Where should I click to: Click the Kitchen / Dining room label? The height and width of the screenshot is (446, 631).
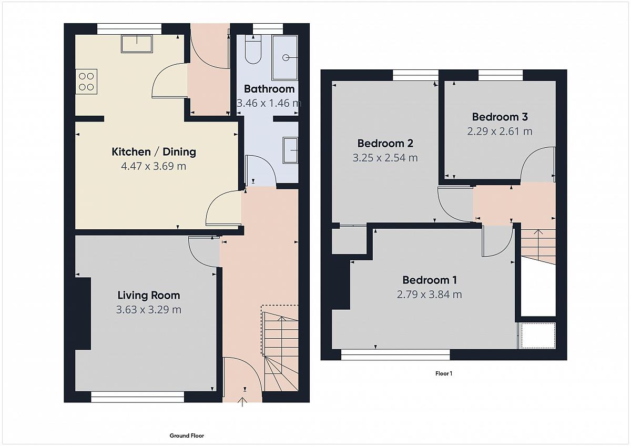154,152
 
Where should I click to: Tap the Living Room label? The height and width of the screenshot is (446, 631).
149,295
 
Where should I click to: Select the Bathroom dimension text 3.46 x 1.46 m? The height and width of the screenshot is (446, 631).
269,103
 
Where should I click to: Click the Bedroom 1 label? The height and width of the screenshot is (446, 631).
430,280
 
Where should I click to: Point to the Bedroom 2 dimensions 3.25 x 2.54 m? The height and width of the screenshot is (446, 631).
385,158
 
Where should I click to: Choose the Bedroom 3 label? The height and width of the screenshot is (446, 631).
500,117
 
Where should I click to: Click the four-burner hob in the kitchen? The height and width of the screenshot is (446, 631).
86,82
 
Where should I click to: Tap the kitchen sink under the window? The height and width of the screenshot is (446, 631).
137,44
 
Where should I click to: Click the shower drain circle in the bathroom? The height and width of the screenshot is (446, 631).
286,58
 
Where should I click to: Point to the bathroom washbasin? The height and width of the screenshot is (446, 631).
290,150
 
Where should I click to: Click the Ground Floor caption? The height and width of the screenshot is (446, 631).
187,435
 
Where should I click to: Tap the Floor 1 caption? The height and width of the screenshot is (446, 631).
444,373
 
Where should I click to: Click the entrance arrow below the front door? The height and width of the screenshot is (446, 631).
242,402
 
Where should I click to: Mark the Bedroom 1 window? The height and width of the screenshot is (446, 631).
395,354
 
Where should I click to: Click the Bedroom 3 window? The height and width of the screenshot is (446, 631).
501,75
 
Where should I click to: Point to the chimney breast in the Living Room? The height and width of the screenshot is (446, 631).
83,313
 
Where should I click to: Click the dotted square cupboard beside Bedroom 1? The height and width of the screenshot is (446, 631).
538,336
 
